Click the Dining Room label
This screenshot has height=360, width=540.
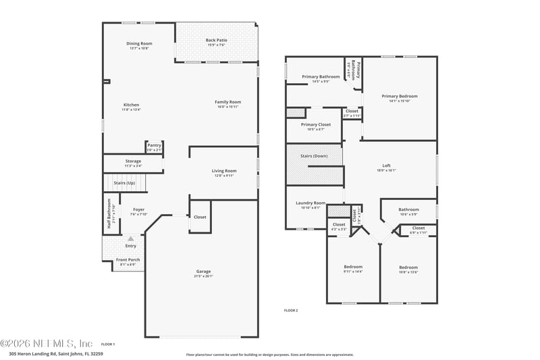(140, 44)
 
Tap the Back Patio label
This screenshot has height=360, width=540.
(216, 41)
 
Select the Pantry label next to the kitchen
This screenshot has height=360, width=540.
(155, 145)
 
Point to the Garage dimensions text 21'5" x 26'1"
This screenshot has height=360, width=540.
(203, 276)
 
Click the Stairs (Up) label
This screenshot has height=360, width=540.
(124, 183)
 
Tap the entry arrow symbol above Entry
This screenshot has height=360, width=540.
(131, 238)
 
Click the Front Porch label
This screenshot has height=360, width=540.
(128, 260)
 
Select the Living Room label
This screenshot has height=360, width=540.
(224, 171)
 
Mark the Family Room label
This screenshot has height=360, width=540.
(228, 102)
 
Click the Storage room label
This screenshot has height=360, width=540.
(133, 161)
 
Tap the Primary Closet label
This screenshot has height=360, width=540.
(316, 125)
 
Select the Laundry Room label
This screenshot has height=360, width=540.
(310, 203)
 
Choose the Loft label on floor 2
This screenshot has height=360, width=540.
(386, 165)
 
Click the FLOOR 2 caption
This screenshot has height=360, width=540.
(291, 311)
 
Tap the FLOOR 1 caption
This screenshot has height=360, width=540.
(108, 344)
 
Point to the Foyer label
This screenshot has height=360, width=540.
(138, 209)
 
